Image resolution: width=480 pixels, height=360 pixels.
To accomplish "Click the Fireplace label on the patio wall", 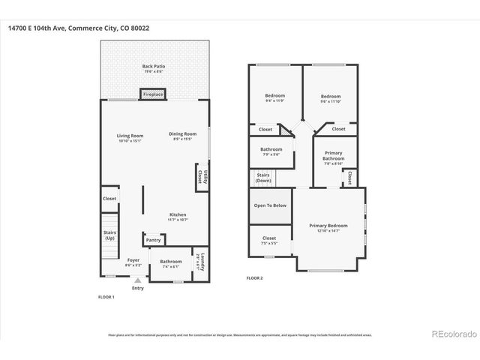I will pyautogui.click(x=154, y=95).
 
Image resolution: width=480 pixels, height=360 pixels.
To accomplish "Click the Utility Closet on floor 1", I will pyautogui.click(x=200, y=177).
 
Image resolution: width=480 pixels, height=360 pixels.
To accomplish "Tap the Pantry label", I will pyautogui.click(x=153, y=240).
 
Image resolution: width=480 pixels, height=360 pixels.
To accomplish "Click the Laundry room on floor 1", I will pyautogui.click(x=199, y=262).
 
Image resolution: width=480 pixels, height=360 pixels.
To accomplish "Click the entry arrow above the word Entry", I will pyautogui.click(x=137, y=279).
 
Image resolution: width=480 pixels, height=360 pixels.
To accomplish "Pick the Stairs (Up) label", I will pyautogui.click(x=109, y=235).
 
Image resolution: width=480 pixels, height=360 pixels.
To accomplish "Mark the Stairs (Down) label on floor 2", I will pyautogui.click(x=262, y=178).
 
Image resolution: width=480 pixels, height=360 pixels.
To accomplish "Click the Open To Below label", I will pyautogui.click(x=270, y=205).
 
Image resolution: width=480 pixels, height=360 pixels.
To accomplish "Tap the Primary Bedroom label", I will pyautogui.click(x=328, y=226).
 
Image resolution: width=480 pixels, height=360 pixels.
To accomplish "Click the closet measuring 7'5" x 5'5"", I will pyautogui.click(x=269, y=240).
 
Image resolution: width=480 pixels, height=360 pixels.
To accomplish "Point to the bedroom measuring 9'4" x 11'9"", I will pyautogui.click(x=275, y=98).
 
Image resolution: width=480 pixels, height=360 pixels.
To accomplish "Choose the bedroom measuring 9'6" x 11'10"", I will pyautogui.click(x=331, y=98).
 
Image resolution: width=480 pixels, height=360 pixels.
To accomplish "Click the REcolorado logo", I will pyautogui.click(x=452, y=332).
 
